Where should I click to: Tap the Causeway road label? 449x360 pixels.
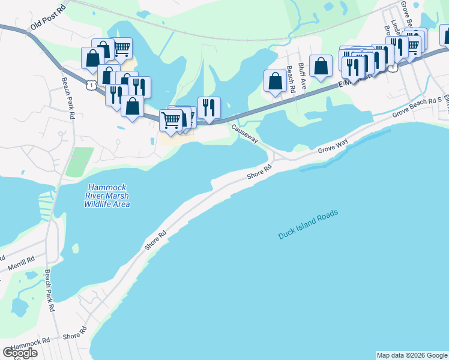245,133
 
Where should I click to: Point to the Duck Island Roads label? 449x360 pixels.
308,224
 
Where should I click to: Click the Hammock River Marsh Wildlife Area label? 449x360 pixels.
107,196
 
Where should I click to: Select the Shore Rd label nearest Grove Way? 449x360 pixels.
259,175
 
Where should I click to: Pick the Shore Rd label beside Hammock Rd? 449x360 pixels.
74,334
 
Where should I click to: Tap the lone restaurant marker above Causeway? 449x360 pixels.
209,107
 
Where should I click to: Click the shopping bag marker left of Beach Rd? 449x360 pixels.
275,80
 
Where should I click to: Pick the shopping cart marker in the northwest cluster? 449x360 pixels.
122,47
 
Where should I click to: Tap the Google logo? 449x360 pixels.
19,353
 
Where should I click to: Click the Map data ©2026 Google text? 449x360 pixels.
412,355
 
